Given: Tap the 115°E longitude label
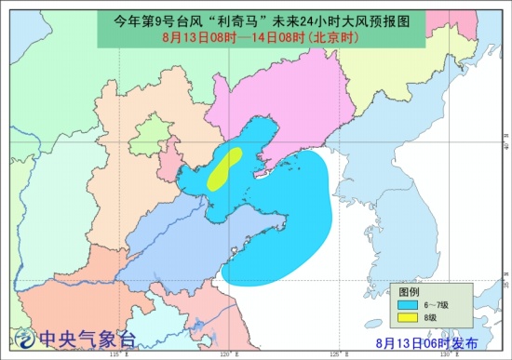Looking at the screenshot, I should pos(115,353).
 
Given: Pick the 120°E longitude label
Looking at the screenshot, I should pos(226,353).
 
